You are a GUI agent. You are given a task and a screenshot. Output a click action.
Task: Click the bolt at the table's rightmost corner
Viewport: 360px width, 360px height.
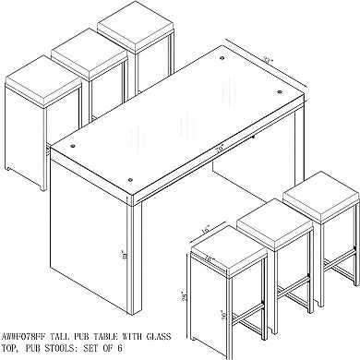[x=301, y=93]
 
